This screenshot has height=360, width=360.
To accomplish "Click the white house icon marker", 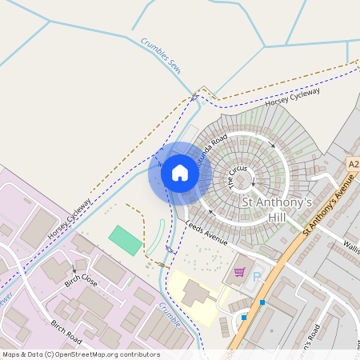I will (x=179, y=173).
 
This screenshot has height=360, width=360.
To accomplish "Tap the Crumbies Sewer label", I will (x=161, y=56).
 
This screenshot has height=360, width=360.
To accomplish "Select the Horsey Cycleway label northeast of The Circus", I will (x=293, y=96).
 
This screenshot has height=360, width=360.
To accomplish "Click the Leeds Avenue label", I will (x=206, y=233).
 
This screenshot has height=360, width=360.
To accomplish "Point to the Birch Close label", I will (x=81, y=282).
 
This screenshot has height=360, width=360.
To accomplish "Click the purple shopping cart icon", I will (x=239, y=272).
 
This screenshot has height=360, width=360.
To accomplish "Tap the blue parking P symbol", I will (x=258, y=277).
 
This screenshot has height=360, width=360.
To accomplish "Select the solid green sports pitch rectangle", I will (x=125, y=240).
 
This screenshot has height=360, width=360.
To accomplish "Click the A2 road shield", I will (x=353, y=163).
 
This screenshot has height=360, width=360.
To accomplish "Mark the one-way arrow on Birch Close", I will (x=75, y=267).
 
